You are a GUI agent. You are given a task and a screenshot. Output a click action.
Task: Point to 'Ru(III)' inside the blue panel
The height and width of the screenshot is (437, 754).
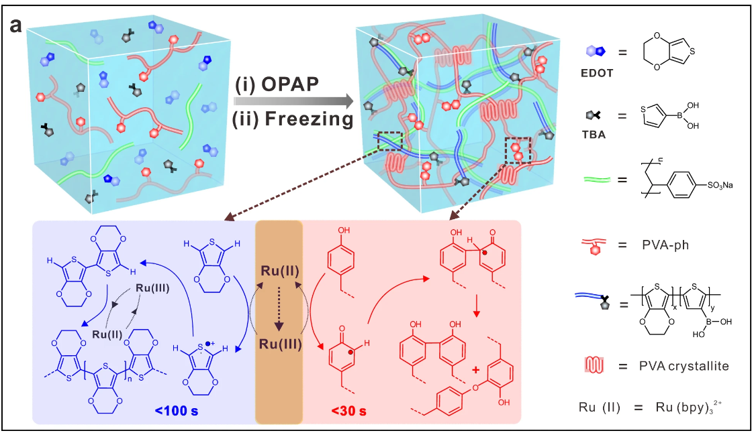tap(152, 289)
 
